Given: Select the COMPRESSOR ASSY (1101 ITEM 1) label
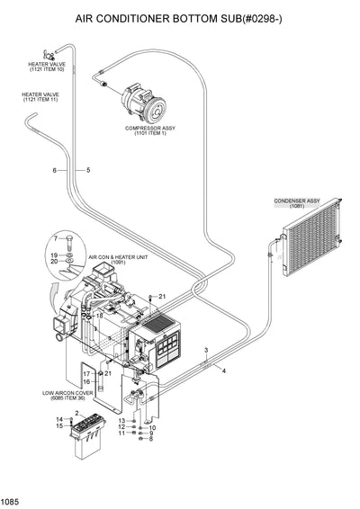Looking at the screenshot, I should pyautogui.click(x=148, y=130).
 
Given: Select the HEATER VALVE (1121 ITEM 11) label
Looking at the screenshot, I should pyautogui.click(x=41, y=96).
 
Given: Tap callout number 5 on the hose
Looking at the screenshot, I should pyautogui.click(x=88, y=170).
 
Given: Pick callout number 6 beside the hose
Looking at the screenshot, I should pyautogui.click(x=54, y=170).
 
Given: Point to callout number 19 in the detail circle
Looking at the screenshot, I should pyautogui.click(x=54, y=255).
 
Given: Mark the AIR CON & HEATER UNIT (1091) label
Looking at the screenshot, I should pyautogui.click(x=118, y=260).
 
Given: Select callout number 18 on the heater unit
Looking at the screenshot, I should pyautogui.click(x=100, y=317).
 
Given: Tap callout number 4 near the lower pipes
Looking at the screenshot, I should pyautogui.click(x=223, y=371).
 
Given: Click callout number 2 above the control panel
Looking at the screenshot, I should pyautogui.click(x=77, y=413).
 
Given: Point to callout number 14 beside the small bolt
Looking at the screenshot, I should pyautogui.click(x=59, y=419).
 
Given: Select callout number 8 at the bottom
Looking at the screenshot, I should pyautogui.click(x=151, y=440).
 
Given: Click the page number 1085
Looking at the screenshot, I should pyautogui.click(x=11, y=501).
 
